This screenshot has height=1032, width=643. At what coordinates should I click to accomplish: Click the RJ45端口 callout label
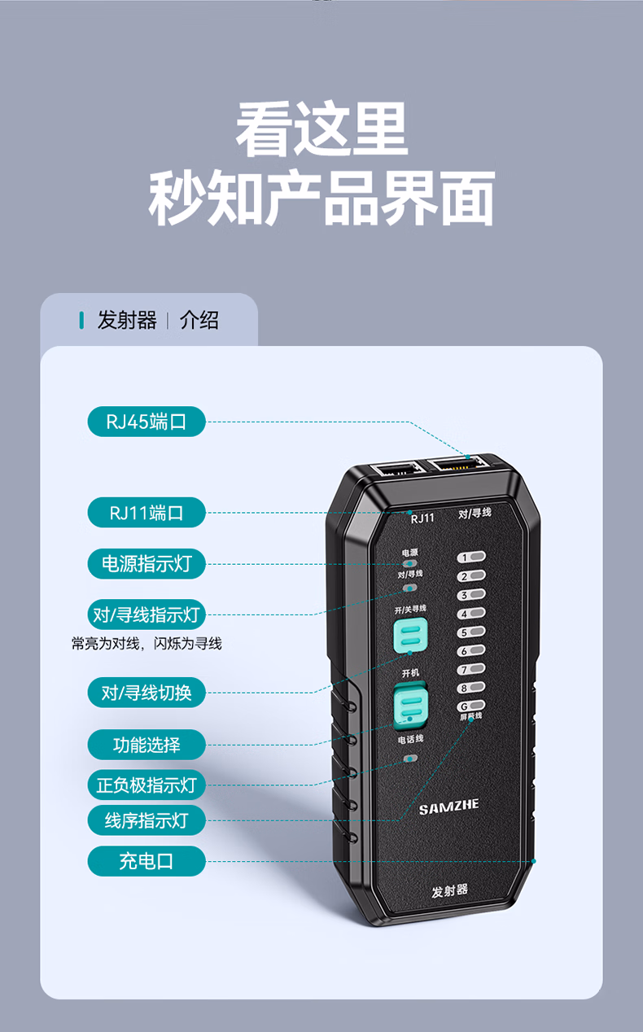(147, 422)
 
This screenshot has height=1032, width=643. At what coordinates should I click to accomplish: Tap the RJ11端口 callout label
(147, 513)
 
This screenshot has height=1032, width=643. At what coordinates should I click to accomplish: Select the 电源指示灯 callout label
(147, 563)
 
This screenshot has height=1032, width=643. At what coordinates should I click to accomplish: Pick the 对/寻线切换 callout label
(147, 693)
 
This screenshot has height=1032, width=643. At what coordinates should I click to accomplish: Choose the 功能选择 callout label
(147, 744)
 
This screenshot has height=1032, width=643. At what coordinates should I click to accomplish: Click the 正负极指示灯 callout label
(147, 785)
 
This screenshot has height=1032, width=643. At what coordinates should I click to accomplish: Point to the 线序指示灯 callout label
(147, 820)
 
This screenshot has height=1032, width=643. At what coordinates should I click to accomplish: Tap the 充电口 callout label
(147, 861)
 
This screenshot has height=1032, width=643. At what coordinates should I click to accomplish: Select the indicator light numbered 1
(472, 558)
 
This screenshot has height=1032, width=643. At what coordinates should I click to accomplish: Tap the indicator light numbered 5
(472, 632)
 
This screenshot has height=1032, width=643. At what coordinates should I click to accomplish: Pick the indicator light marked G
(472, 706)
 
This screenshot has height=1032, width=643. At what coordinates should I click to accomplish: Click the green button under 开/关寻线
(410, 636)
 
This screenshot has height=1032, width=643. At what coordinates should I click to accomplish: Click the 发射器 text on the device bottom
(450, 890)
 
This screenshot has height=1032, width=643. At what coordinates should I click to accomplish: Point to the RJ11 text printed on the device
(422, 518)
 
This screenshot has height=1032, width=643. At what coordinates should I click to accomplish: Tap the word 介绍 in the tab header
(199, 320)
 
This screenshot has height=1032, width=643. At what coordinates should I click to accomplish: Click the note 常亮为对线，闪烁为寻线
(147, 644)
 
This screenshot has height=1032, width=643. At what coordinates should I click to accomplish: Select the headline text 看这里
(321, 130)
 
